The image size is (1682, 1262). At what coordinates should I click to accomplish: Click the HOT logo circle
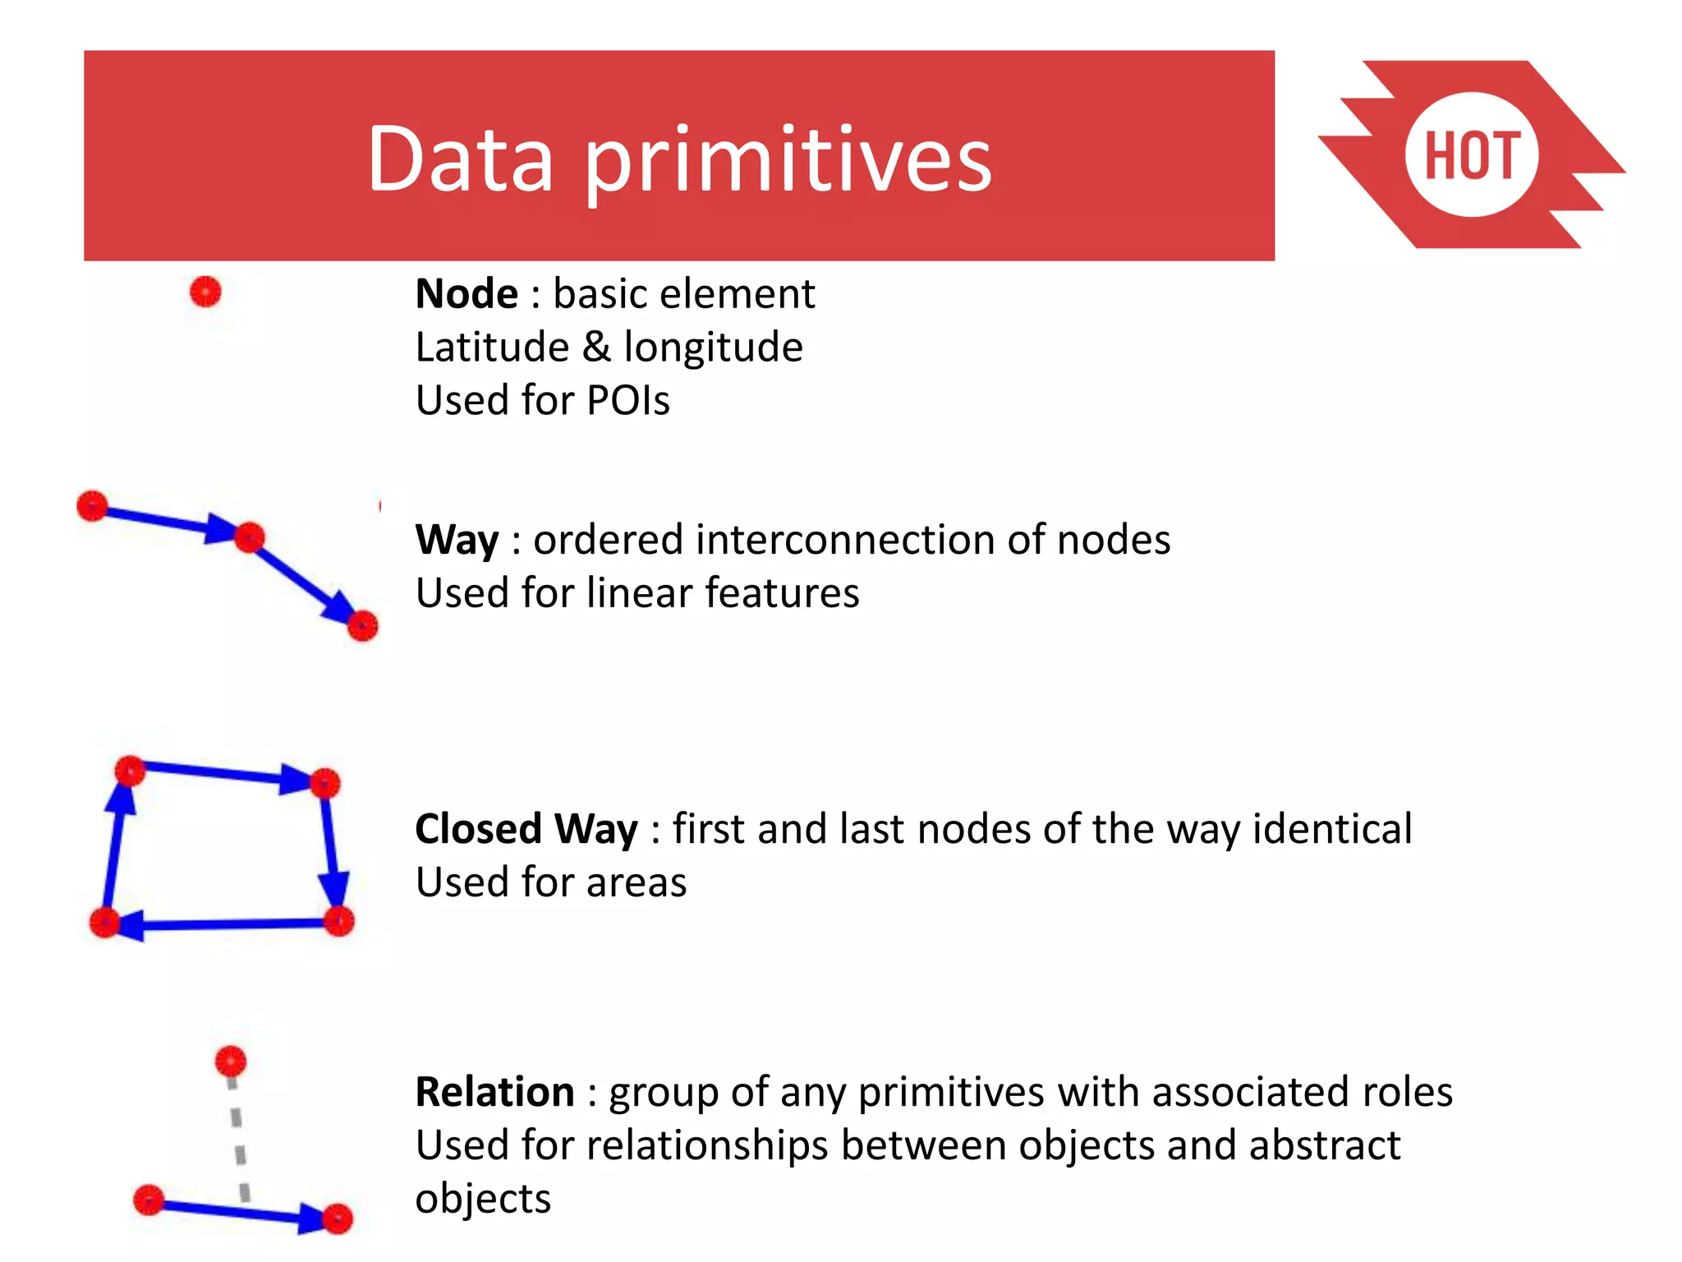1471,155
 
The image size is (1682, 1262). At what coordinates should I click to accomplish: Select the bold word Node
466,294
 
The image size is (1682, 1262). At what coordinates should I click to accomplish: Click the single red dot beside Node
205,292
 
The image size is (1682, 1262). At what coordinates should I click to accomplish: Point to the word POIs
628,401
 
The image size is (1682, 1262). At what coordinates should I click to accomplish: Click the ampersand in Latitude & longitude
596,347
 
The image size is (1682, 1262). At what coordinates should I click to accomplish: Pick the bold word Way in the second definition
457,541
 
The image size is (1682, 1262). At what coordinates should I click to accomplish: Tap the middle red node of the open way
249,537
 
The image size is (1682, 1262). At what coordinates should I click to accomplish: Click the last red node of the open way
362,626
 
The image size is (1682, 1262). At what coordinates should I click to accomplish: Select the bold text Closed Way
526,829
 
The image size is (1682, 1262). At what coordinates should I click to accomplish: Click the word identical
1332,829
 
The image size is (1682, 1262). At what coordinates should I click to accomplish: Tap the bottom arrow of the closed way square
222,925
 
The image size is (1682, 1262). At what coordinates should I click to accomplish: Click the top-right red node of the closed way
325,782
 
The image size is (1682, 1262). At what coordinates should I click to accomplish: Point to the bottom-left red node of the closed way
104,923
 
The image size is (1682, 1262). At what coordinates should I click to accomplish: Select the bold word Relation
494,1093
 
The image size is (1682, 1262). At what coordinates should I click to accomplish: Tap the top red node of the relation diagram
231,1061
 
